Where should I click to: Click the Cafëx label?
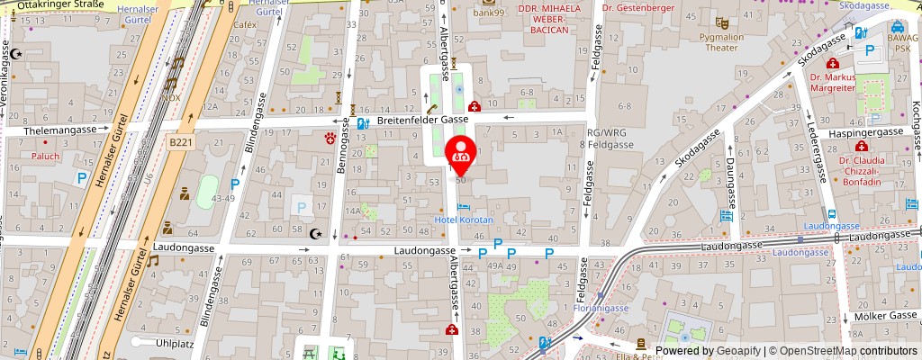coord(245,24)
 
